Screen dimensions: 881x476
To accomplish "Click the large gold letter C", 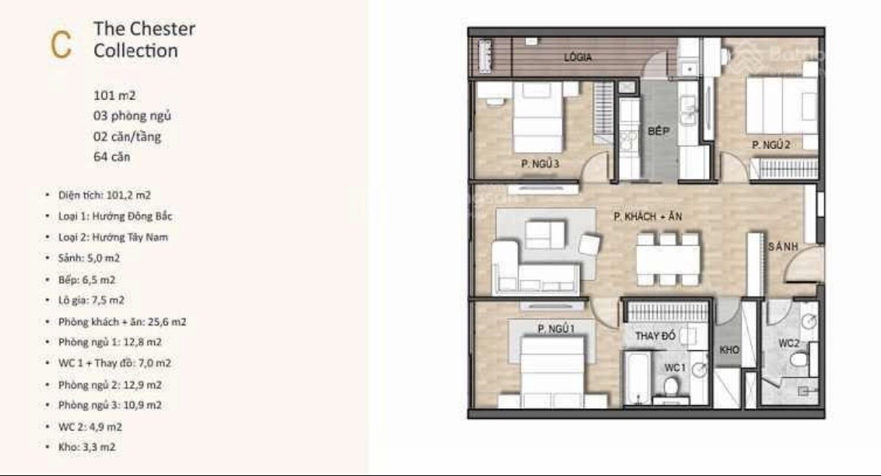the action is click(61, 44).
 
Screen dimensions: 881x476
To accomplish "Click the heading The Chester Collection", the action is click(145, 39).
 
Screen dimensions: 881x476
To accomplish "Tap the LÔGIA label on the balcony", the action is click(578, 56).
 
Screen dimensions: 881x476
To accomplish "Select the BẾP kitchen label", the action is click(659, 131).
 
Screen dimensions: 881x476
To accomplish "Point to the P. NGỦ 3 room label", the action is click(540, 164).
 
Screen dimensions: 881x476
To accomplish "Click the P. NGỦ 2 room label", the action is click(771, 145).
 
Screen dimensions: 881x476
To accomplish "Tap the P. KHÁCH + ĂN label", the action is click(648, 216).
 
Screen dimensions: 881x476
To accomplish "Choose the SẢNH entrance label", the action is click(783, 247).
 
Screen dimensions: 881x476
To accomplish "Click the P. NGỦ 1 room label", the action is click(556, 329).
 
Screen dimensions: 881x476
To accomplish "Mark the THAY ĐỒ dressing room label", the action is click(655, 336).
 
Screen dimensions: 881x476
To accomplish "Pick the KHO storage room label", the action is click(730, 349).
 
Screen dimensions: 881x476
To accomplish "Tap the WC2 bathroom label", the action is click(789, 343).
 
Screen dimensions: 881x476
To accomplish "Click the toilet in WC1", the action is click(670, 387).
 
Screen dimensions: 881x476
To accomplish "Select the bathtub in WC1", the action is click(637, 377).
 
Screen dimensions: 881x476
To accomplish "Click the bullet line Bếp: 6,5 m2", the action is click(87, 280).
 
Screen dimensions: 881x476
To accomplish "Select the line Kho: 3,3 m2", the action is click(87, 447).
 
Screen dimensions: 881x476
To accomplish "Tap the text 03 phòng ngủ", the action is click(132, 116).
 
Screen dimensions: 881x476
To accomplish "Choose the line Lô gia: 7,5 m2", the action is click(91, 301).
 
